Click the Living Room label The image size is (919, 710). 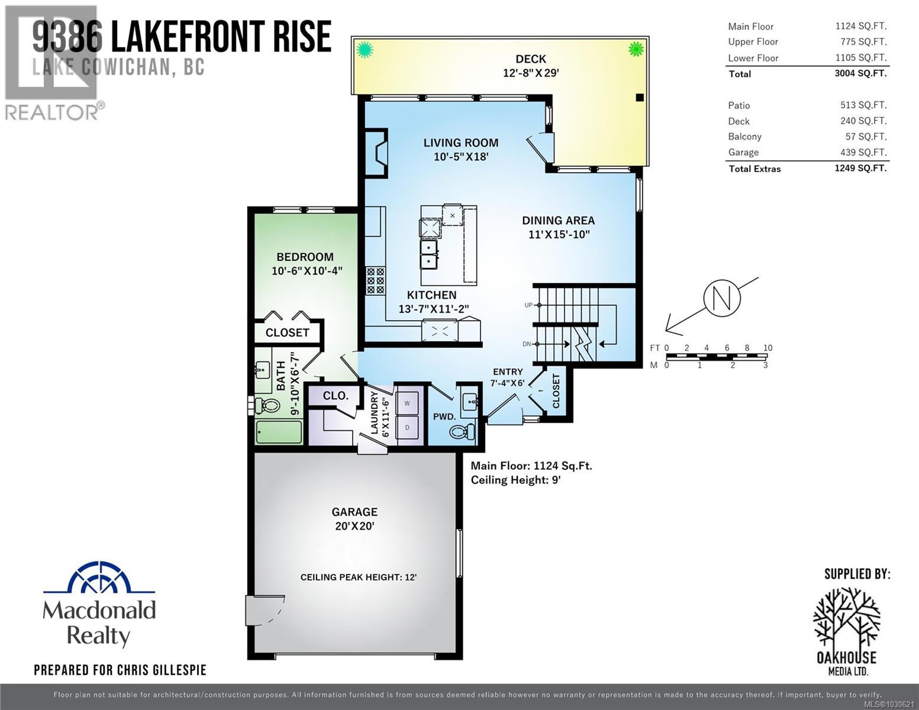460,143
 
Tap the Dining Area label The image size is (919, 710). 558,220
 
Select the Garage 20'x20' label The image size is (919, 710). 354,518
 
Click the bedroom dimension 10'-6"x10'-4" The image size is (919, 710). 307,271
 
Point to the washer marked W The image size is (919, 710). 407,403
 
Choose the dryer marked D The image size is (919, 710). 407,427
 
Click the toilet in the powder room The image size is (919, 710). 462,431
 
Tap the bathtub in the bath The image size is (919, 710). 279,432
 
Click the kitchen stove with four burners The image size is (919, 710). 375,280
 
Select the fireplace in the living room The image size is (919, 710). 376,153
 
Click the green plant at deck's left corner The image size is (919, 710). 365,49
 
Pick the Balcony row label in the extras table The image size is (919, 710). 744,137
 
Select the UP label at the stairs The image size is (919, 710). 528,305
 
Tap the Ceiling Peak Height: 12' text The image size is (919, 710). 358,577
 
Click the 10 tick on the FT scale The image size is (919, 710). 768,348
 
